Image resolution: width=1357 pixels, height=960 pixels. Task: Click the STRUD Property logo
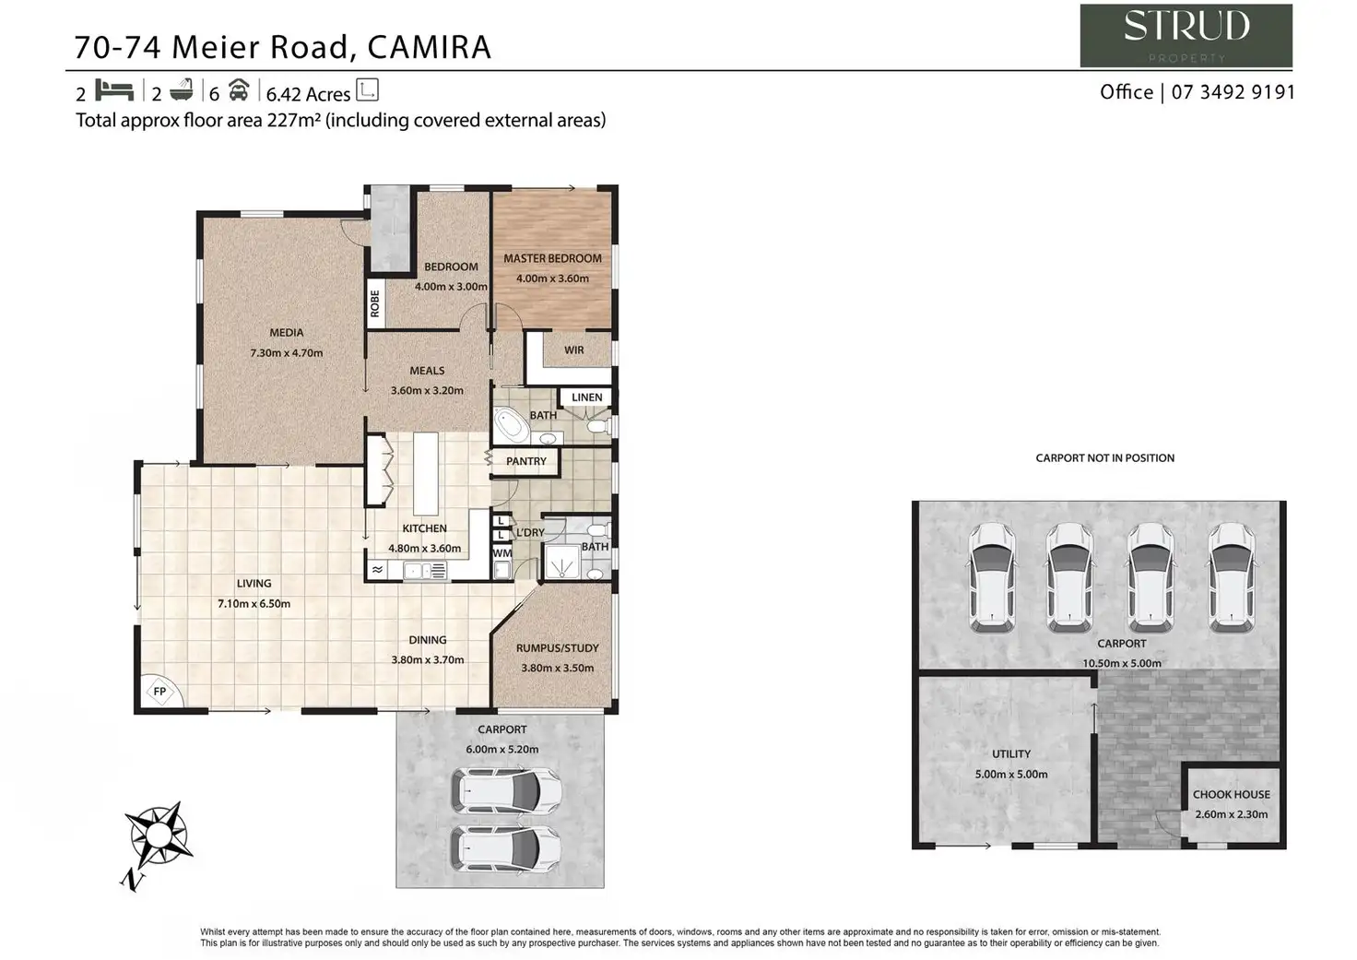coord(1186,35)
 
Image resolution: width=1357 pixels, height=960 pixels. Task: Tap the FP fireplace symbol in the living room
coord(159,692)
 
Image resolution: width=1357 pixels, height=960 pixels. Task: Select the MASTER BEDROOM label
coord(552,258)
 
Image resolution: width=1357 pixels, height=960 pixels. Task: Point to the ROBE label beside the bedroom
coord(375,303)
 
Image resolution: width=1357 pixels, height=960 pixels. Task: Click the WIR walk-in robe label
coord(573,350)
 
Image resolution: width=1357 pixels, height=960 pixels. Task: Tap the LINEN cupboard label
coord(586,397)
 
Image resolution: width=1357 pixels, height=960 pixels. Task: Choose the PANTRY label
coord(525,461)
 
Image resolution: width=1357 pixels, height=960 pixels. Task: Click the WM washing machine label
coord(501,553)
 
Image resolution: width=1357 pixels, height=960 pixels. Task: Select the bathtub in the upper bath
coord(510,428)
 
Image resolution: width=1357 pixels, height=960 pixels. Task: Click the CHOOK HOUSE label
coord(1231,794)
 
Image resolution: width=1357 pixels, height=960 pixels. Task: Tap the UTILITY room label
coord(1010,753)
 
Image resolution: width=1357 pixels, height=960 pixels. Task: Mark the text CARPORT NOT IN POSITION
coord(1104,457)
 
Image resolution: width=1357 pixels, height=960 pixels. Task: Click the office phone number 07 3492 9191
coord(1233,92)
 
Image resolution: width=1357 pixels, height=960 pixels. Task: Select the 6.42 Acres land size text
coord(308,94)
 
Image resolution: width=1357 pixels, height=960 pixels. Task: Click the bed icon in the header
coord(115,90)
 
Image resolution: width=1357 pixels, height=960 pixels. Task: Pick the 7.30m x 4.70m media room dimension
coord(286,352)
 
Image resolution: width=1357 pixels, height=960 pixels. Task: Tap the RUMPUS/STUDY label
coord(557,647)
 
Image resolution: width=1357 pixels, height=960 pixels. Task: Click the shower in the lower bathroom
coord(561,561)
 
